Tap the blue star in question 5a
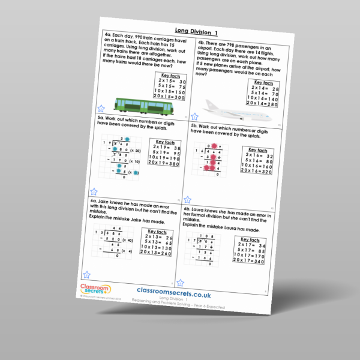point(94,191)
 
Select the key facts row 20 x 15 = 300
point(170,97)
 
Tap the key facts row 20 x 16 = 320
point(259,171)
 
